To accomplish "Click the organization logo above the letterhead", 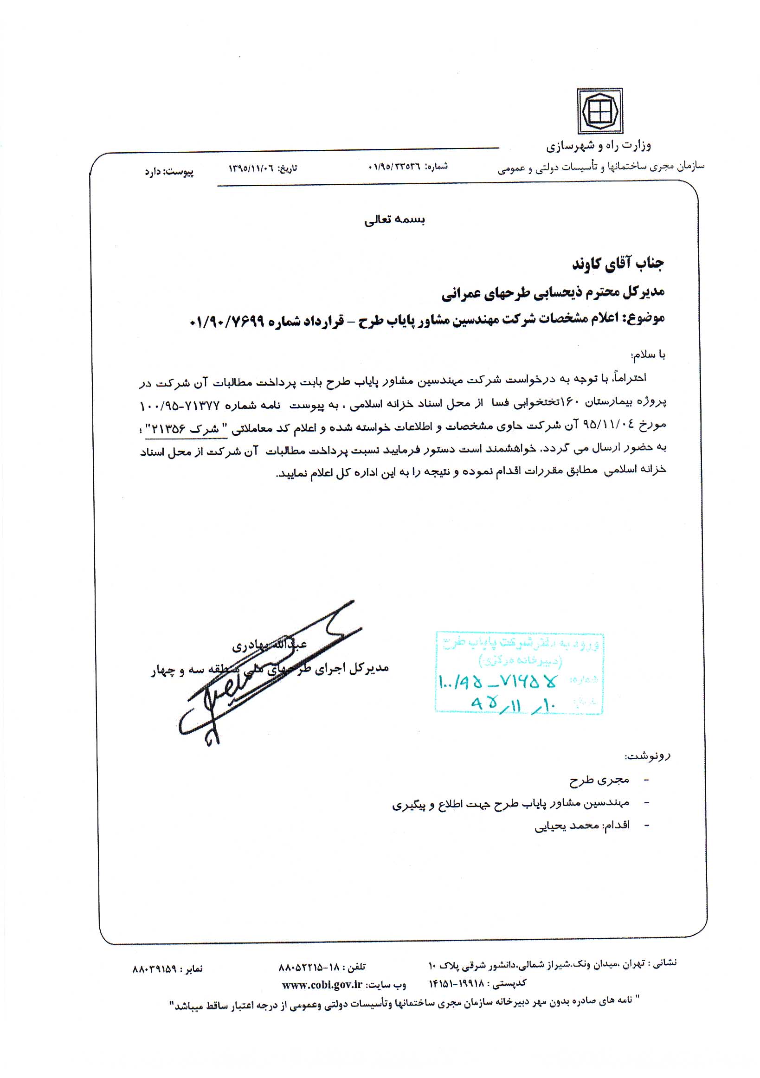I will [599, 111].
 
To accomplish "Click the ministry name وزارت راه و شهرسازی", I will [598, 146].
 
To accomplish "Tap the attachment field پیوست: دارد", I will [169, 172].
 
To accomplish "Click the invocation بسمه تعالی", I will [394, 220].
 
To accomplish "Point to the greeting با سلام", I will [648, 355].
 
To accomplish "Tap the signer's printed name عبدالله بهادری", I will [269, 646].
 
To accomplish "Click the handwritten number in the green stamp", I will [498, 682].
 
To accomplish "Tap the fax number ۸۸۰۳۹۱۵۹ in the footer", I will [155, 968].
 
